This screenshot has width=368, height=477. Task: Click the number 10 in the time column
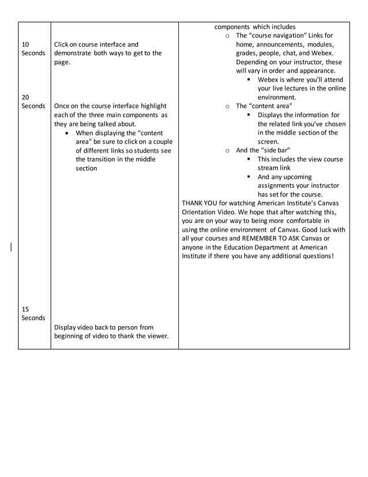point(25,44)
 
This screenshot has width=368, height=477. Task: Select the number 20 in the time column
point(25,97)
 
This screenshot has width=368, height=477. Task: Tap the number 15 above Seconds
point(25,309)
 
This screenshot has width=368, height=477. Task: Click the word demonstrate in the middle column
point(73,53)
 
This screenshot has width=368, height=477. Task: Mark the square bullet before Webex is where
point(249,80)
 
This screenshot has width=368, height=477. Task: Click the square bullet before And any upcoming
point(249,177)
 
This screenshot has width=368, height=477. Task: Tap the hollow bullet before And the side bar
point(228,150)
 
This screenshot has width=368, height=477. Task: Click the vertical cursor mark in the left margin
point(11,248)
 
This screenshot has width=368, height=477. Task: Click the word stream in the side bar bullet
point(269,168)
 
